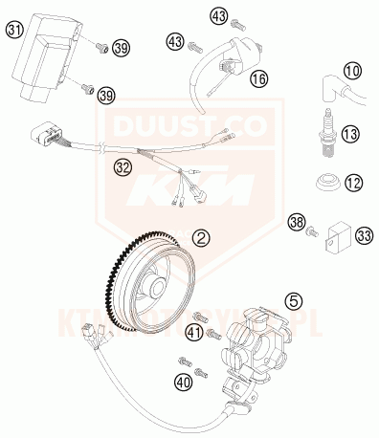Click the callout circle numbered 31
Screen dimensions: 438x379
click(x=14, y=30)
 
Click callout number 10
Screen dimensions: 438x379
click(x=353, y=71)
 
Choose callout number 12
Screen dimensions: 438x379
click(x=353, y=181)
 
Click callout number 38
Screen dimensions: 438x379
click(x=299, y=224)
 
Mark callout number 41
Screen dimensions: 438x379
click(x=195, y=332)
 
